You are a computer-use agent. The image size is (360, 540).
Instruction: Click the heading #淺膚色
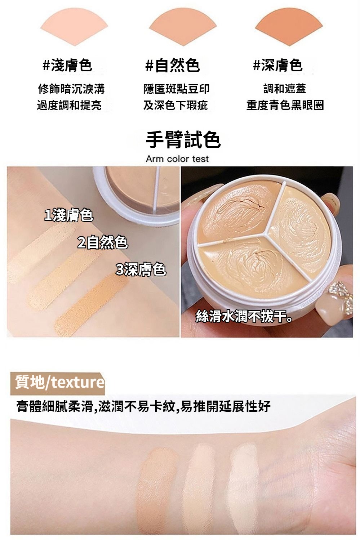[67, 65]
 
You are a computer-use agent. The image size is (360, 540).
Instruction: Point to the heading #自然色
[173, 65]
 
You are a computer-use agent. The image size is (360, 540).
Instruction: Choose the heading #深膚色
[278, 65]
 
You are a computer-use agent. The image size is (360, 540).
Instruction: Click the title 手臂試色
[183, 139]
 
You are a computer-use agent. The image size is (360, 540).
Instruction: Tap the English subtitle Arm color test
[177, 159]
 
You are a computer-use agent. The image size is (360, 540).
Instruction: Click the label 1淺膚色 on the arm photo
[69, 215]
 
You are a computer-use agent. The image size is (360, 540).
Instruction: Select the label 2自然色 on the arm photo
[103, 242]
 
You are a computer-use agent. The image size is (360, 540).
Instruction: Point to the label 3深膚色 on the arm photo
[141, 269]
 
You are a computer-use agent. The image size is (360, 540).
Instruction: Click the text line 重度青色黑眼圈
[285, 105]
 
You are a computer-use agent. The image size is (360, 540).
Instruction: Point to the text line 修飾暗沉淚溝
[71, 89]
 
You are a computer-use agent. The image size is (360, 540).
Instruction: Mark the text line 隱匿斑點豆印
[177, 89]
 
